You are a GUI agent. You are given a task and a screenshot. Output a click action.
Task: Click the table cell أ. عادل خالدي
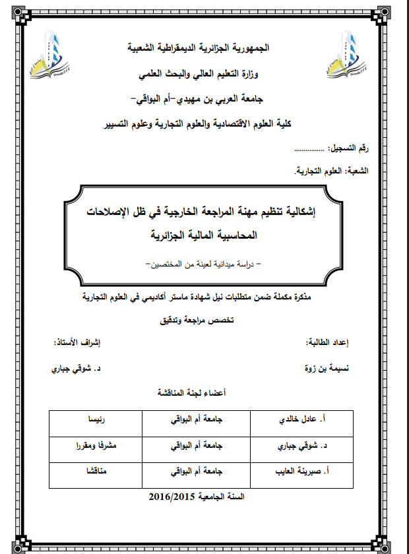[x=305, y=419]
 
